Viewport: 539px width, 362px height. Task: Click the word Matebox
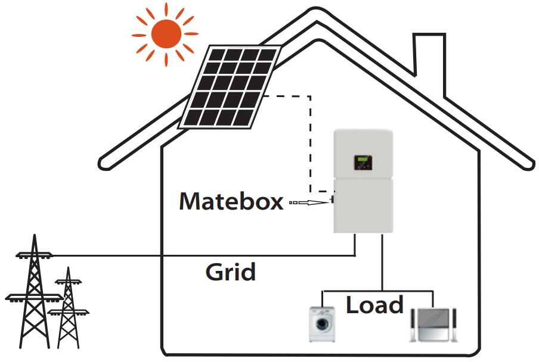[x=231, y=202]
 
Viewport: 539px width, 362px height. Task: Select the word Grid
[x=230, y=272]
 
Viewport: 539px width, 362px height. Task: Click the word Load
[x=374, y=305]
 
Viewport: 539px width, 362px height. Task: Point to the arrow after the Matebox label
[x=310, y=203]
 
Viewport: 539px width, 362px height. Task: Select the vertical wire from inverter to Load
[x=382, y=262]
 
